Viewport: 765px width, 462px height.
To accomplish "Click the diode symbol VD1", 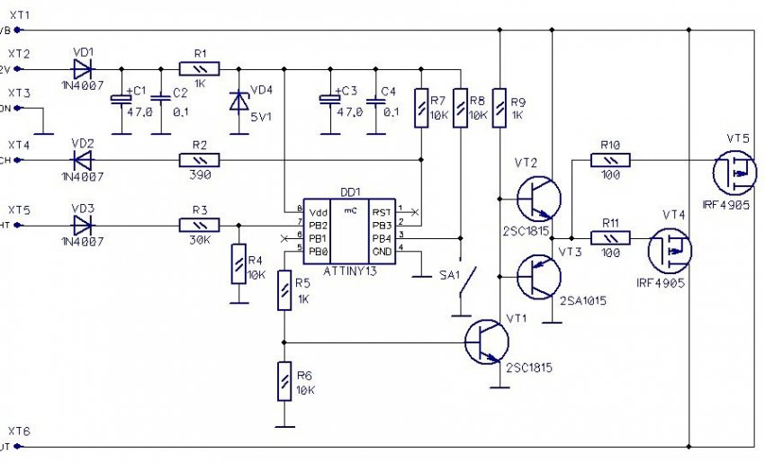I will (x=82, y=67).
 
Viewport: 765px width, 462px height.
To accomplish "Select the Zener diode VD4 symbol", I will (x=238, y=102).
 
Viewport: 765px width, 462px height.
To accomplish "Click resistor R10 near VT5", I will (x=610, y=160).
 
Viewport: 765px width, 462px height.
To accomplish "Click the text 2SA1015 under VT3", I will (x=581, y=301).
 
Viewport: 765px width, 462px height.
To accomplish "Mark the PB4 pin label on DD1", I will (x=382, y=238).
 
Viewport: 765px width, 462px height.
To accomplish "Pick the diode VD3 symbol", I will (x=82, y=224).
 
